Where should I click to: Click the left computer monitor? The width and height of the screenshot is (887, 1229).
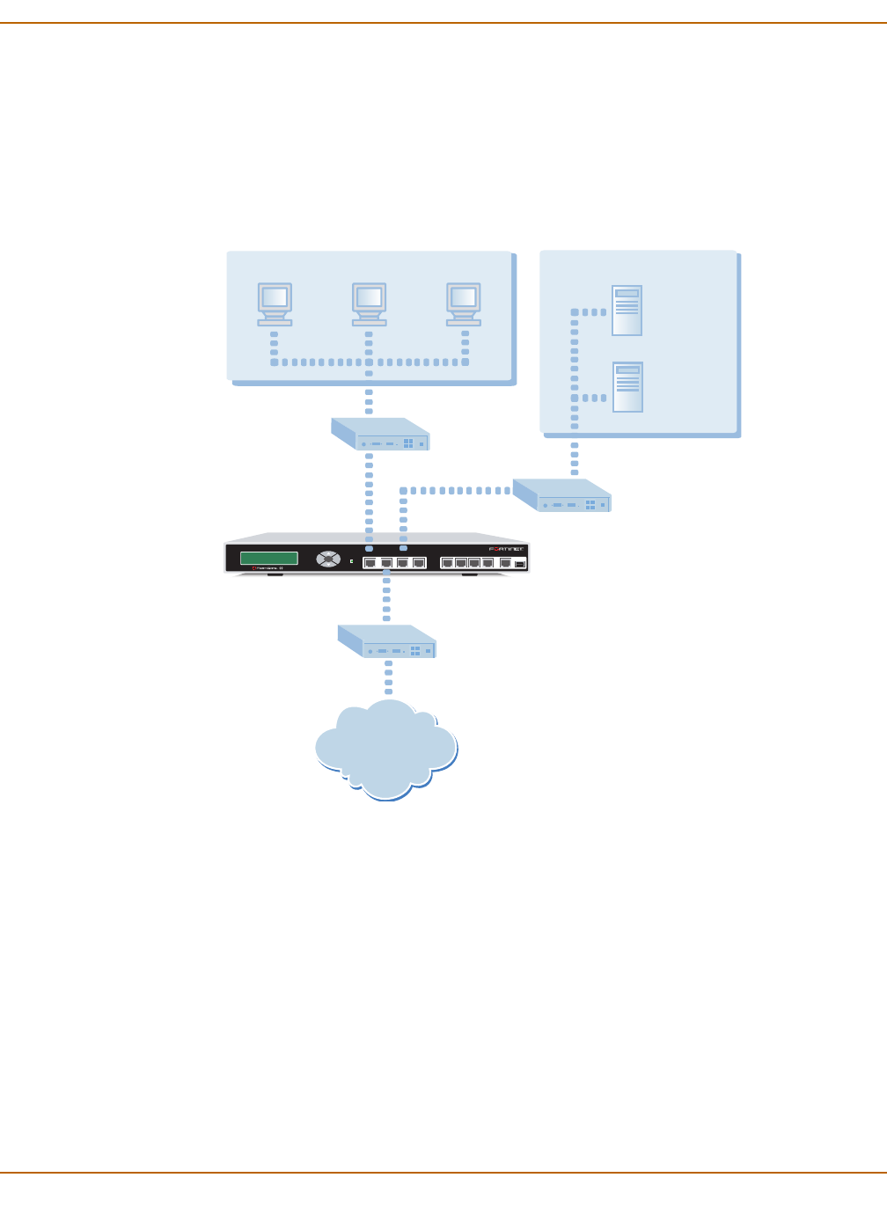pos(275,303)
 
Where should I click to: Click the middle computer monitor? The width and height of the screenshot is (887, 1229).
pos(369,303)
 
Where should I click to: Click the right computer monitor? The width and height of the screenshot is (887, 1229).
pos(464,303)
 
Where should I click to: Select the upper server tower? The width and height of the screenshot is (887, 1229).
pos(627,310)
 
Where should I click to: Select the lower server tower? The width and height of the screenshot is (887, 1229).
pos(627,386)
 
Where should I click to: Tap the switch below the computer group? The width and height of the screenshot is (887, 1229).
pos(380,435)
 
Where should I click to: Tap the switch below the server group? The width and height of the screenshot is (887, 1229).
pos(562,495)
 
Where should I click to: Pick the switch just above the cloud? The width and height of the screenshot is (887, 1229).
pos(387,641)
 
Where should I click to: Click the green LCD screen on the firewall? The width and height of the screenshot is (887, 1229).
pos(269,558)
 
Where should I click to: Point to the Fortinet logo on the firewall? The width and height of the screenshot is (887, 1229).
pos(506,549)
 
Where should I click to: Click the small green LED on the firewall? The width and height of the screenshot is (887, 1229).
pos(351,560)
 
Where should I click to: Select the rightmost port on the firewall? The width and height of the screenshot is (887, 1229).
pos(520,563)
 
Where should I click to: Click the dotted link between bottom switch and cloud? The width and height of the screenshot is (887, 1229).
pos(388,677)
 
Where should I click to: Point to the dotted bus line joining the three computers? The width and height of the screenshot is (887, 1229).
pos(370,362)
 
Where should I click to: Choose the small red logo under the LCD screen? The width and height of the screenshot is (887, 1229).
pos(253,568)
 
